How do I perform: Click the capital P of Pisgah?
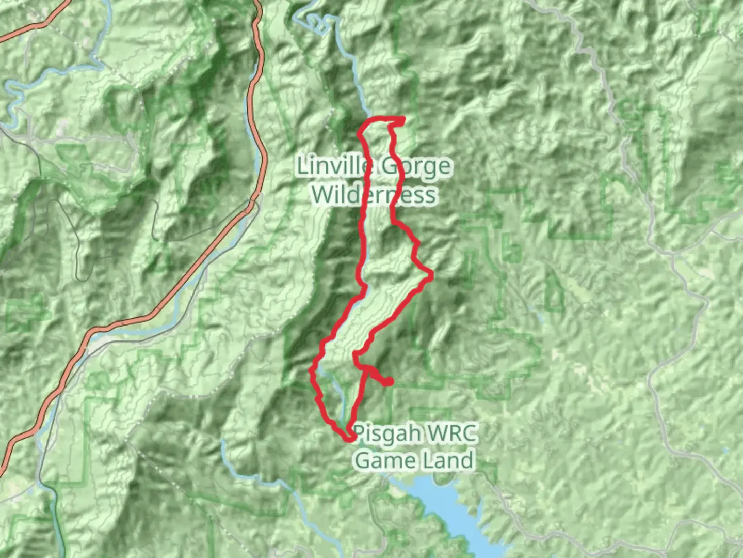point(360,433)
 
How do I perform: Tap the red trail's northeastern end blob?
point(400,120)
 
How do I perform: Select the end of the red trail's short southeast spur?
point(389,382)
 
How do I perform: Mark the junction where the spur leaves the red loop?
point(367,368)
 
